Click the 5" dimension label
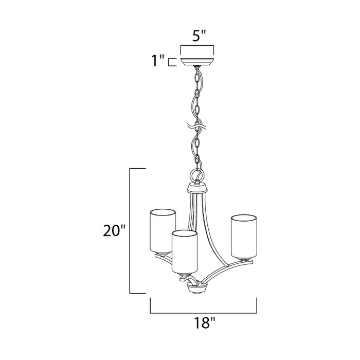pos(196,36)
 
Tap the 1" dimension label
pos(158,60)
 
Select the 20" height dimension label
pos(114,230)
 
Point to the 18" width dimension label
pos(204,323)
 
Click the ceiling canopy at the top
pos(197,62)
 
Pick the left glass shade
pos(162,231)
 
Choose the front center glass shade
pos(185,252)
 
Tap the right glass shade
pos(244,237)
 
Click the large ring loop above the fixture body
pos(197,176)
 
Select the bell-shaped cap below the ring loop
pos(197,188)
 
